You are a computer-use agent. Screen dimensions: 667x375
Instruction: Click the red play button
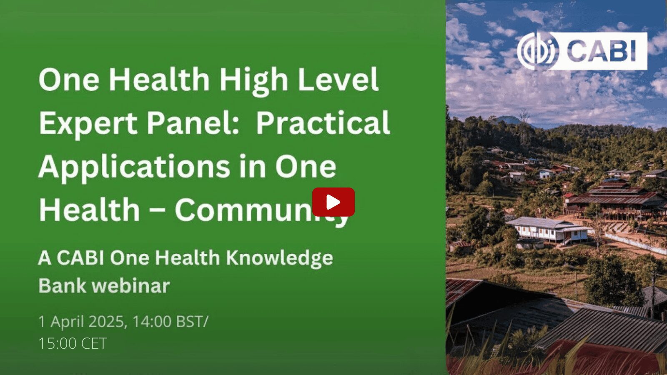[333, 202]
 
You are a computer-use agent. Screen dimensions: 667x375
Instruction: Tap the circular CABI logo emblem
[538, 51]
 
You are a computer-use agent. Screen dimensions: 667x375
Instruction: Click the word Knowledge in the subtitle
[280, 258]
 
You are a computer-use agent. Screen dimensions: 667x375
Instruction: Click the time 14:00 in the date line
[152, 322]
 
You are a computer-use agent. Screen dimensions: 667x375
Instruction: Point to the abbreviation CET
[94, 343]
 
